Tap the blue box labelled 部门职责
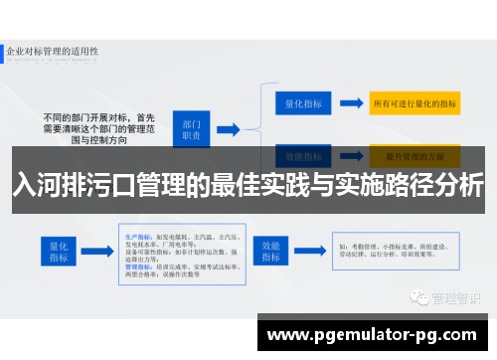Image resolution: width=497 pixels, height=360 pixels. [193, 129]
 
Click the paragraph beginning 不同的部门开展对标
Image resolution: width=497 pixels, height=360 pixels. [93, 128]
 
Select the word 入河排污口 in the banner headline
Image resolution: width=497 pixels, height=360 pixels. [60, 185]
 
